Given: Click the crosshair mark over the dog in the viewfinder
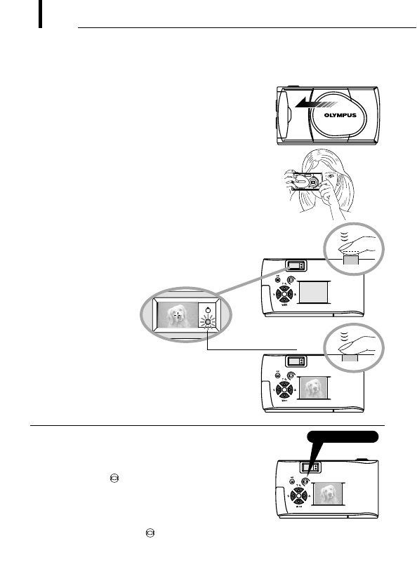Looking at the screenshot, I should (x=178, y=315).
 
